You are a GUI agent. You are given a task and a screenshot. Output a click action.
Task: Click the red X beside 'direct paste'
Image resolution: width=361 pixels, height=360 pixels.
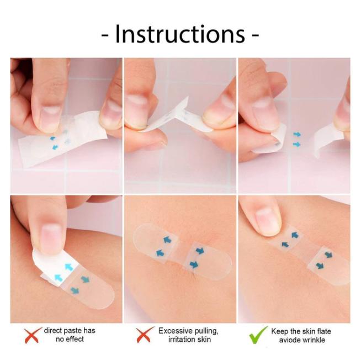[x=34, y=335]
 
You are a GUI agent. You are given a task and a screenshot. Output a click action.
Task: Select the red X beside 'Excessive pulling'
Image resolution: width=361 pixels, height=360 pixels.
[x=145, y=335]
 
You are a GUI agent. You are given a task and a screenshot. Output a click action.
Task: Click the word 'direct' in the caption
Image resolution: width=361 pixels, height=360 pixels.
[x=56, y=331]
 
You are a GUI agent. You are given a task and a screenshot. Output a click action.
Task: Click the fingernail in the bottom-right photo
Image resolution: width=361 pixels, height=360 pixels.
[x=268, y=215]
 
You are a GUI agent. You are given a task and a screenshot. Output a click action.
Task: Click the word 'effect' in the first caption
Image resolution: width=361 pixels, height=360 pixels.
[x=76, y=340]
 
